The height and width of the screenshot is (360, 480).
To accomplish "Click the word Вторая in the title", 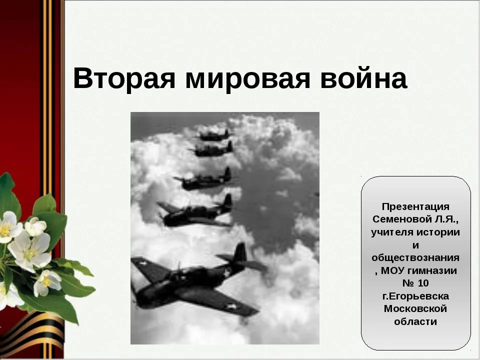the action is tap(124, 78).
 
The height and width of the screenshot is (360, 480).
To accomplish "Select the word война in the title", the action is tap(363, 78).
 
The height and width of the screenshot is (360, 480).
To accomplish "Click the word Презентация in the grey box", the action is tap(415, 207).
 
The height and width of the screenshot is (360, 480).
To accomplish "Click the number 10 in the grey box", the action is tap(423, 283).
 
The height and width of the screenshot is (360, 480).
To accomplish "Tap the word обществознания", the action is tap(415, 258).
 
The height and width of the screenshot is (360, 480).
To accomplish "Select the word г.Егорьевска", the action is tap(415, 296).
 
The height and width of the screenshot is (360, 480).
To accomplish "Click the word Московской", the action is tap(415, 308).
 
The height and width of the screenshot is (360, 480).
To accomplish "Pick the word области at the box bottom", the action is tap(415, 321).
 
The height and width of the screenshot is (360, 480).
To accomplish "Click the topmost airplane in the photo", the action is tap(214, 135).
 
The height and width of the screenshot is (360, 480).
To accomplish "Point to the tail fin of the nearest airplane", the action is tap(240, 252).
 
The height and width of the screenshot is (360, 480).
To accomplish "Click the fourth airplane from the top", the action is tap(196, 211).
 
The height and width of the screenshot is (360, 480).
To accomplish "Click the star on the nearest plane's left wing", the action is tap(142, 263).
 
